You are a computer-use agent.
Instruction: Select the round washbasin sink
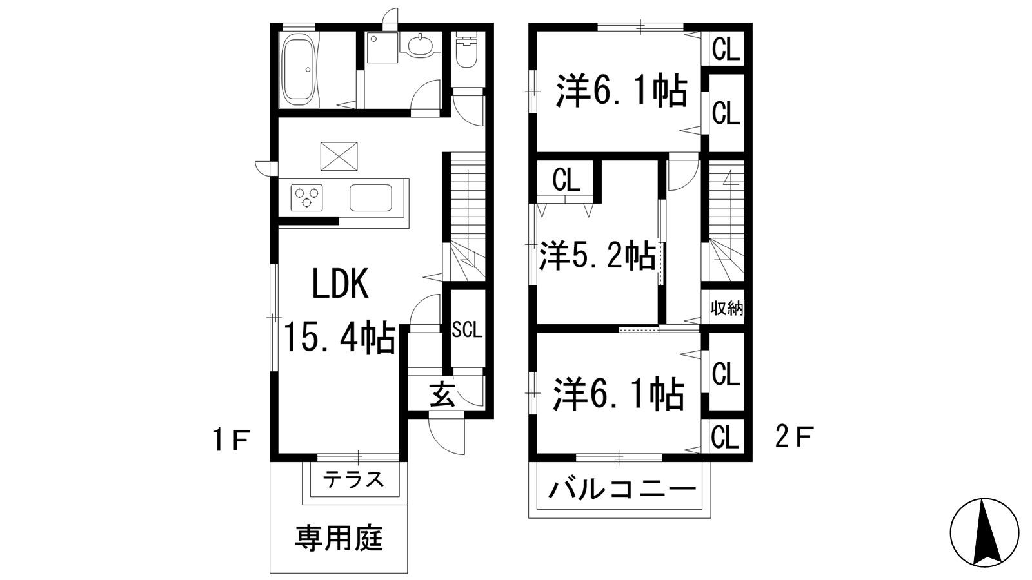pos(420,45)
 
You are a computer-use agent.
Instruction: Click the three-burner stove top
pos(306,197)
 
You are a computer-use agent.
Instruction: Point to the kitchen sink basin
pos(371,197)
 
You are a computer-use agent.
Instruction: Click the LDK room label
pos(340,284)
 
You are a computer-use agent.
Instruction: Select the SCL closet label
pos(466,330)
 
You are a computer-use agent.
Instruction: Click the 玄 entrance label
pos(443,393)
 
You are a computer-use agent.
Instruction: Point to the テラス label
pos(354,479)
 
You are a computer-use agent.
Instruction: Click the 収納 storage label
pos(727,308)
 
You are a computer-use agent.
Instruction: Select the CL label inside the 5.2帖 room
pos(566,181)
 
